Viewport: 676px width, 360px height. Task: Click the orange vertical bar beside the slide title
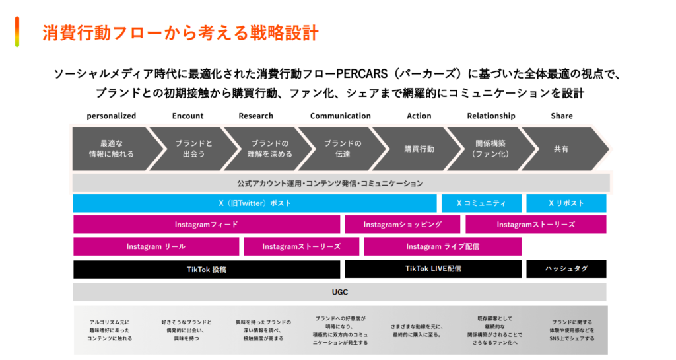click(18, 32)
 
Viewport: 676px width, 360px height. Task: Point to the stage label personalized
click(112, 116)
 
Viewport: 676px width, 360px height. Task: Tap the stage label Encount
click(188, 116)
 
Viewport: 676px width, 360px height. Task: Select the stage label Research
click(256, 116)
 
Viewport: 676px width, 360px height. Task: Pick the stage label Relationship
click(491, 116)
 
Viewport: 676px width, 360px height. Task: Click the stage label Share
click(562, 116)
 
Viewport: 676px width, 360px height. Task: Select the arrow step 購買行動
click(419, 149)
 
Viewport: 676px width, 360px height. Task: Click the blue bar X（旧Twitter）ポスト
click(255, 203)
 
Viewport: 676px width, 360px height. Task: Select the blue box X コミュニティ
click(481, 203)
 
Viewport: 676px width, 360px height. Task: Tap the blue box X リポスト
click(566, 203)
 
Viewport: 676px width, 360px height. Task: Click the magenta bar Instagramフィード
click(207, 225)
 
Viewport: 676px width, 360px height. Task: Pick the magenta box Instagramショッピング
click(402, 225)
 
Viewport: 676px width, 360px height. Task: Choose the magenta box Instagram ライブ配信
click(442, 246)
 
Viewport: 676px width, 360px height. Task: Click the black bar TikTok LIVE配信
click(433, 269)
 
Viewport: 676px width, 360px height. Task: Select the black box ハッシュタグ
click(566, 269)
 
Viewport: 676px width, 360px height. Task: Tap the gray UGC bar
click(339, 291)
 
